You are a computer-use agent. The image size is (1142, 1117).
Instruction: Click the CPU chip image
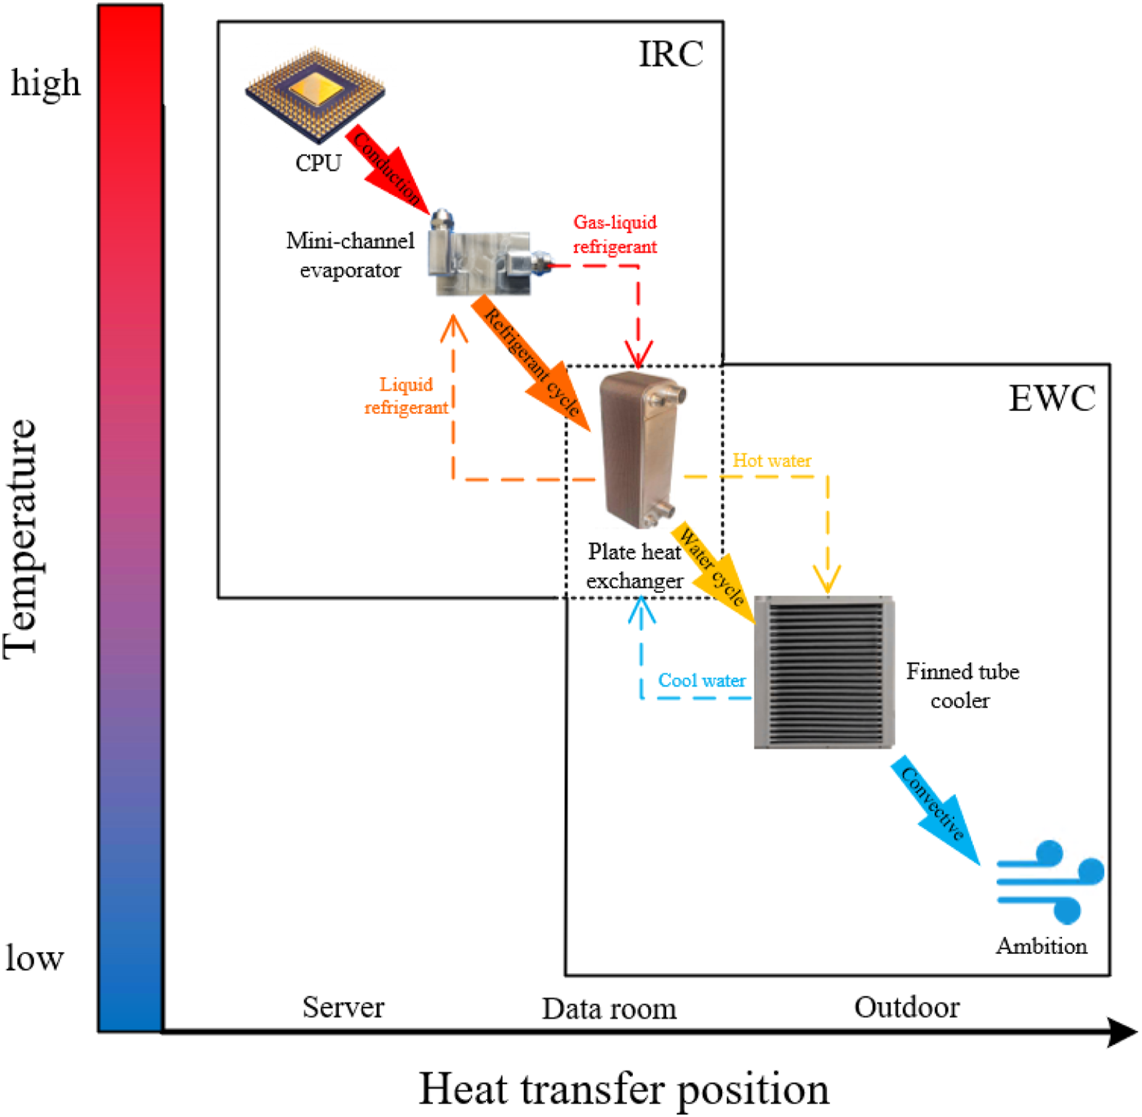pos(315,94)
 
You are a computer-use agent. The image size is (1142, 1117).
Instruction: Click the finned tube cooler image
pos(824,672)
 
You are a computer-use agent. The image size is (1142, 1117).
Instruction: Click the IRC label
pos(670,54)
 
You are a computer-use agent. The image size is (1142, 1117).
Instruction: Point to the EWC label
pos(1052,399)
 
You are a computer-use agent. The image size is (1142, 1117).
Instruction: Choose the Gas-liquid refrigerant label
pos(614,235)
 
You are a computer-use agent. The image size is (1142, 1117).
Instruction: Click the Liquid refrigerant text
pos(406,396)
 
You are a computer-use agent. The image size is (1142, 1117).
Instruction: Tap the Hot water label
pos(772,461)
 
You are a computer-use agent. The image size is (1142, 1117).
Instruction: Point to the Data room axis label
pos(609,1009)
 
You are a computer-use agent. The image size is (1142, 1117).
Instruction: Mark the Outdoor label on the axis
pos(907,1007)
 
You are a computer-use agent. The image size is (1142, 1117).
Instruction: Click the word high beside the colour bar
pos(45,83)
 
